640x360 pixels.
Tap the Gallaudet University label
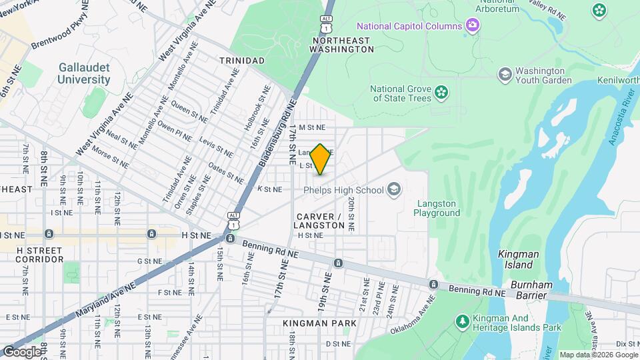[x=84, y=73]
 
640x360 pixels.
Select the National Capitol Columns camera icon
[x=473, y=26]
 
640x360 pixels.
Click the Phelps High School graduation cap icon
[x=394, y=190]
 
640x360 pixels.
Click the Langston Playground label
[x=437, y=208]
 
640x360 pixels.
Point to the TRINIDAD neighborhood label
[x=241, y=61]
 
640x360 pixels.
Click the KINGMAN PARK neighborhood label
[x=319, y=323]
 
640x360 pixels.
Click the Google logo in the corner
[x=21, y=351]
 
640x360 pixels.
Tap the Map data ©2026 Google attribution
[x=597, y=355]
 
